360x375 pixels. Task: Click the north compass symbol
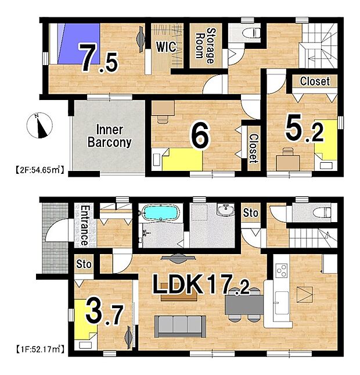coord(39,126)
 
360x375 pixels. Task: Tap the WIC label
coord(166,47)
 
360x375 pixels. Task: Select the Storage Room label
coord(205,46)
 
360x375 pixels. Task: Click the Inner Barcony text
coord(110,136)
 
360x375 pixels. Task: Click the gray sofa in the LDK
coord(180,326)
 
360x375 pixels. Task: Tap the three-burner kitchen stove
coord(282,270)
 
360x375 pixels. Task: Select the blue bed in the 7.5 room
coord(79,44)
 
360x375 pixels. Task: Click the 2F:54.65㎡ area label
coord(40,170)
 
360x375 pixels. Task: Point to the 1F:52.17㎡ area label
coord(40,349)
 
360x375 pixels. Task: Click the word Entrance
coord(84,225)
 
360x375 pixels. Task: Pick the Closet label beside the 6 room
coord(254,148)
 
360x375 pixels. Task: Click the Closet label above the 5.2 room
coord(315,81)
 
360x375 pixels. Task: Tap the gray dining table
coord(244,305)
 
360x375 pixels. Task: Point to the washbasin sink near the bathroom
coord(225,209)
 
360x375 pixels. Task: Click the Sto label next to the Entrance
coord(84,264)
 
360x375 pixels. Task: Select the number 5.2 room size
coord(305,130)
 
